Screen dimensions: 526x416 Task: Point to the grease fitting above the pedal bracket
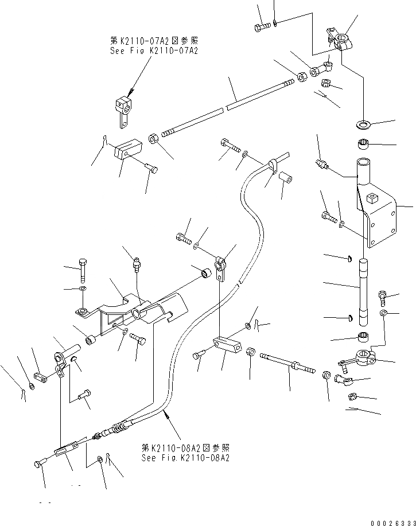(136, 265)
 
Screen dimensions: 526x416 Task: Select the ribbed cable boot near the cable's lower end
(118, 428)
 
